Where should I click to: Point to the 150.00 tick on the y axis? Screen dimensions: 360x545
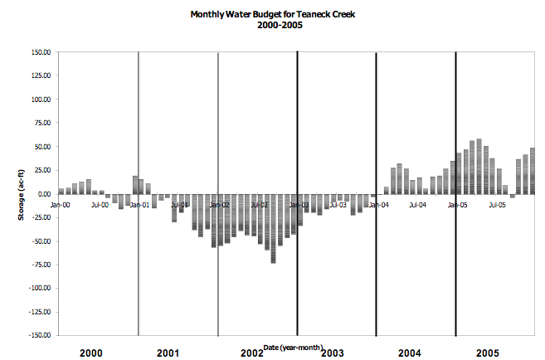pyautogui.click(x=41, y=52)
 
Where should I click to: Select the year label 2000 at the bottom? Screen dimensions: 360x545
pyautogui.click(x=91, y=353)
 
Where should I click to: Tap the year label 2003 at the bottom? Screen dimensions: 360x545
pyautogui.click(x=332, y=353)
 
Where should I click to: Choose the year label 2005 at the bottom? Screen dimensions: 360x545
pyautogui.click(x=487, y=353)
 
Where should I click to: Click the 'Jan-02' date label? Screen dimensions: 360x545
pyautogui.click(x=219, y=204)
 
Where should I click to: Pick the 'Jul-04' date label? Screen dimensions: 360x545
pyautogui.click(x=419, y=204)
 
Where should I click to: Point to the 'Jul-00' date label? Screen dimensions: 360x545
pyautogui.click(x=100, y=204)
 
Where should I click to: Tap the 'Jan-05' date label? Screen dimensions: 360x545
pyautogui.click(x=458, y=204)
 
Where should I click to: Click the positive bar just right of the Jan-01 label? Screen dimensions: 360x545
pyautogui.click(x=141, y=187)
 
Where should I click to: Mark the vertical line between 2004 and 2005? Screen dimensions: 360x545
pyautogui.click(x=455, y=193)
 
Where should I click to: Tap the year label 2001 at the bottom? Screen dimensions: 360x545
pyautogui.click(x=168, y=353)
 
